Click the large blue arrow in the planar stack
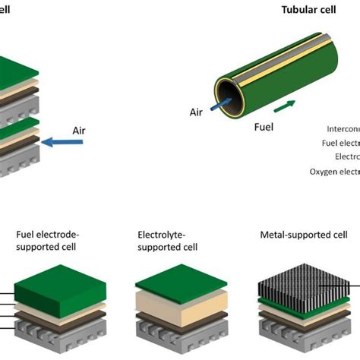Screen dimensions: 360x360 (63, 140)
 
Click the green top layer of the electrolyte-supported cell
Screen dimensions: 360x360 (181, 283)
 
